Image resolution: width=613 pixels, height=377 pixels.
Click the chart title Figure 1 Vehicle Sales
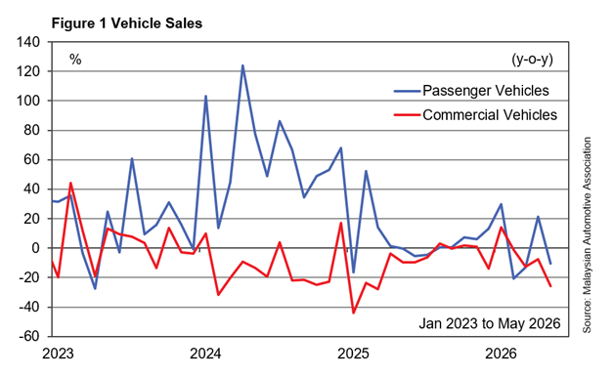coord(127,23)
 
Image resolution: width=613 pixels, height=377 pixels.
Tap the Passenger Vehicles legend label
coord(486,91)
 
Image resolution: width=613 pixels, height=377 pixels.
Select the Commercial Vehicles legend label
coord(490,115)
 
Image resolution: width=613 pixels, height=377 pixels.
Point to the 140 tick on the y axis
coord(27,42)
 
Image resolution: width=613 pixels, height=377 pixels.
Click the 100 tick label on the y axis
coord(27,101)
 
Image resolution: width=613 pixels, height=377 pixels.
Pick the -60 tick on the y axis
coord(28,336)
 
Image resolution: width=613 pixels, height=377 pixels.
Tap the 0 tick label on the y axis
coord(36,248)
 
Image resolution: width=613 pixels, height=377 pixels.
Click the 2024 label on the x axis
coord(205,354)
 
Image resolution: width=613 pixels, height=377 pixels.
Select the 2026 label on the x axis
coord(501,354)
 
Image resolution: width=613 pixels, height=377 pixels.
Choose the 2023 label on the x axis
coord(58,354)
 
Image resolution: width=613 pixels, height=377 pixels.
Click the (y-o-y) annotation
coord(532,60)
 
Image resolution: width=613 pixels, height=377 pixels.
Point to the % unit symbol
coord(75,60)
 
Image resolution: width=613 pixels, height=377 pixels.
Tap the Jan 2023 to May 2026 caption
coord(490,323)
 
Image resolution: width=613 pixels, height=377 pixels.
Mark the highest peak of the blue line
coord(242,65)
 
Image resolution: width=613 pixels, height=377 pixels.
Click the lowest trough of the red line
coord(353,313)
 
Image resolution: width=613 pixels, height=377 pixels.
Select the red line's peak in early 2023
coord(70,183)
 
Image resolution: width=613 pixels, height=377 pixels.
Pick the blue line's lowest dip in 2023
coord(95,288)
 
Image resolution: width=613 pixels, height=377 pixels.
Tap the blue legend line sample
coord(407,91)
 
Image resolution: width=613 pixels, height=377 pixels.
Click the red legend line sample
coord(407,115)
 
